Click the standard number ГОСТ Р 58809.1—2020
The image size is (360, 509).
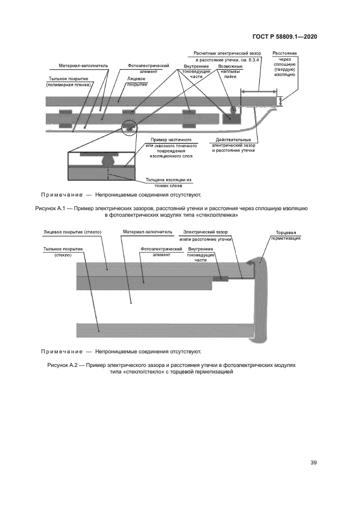285,37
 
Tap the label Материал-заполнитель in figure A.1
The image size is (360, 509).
83,66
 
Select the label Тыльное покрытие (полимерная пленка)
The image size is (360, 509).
68,82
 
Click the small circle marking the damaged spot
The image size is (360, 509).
129,128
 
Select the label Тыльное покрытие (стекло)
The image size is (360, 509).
63,252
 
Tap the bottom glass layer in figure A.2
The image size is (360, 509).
163,330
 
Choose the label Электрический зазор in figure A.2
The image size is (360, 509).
207,235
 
